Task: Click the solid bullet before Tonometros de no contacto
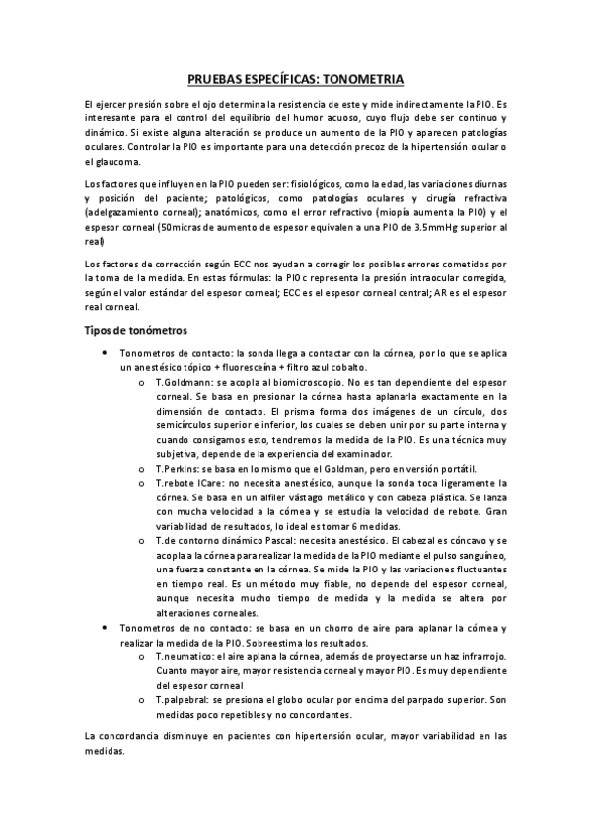(x=105, y=628)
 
